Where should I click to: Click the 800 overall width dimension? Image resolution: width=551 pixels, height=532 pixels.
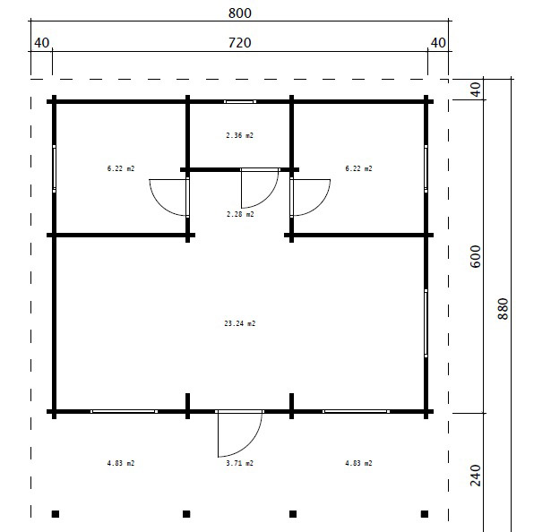coord(239,13)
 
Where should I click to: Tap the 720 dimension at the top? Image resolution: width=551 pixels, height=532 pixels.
coord(239,43)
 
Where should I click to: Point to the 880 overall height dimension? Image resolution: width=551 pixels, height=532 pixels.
coord(504,308)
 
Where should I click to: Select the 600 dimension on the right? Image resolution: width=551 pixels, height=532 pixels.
coord(475,256)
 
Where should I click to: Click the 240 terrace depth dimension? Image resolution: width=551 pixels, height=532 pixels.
coord(475,475)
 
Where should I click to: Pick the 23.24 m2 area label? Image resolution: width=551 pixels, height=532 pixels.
coord(239,323)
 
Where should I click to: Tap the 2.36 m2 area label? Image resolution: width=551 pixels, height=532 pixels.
coord(239,135)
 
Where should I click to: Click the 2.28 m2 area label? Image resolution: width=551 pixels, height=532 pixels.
coord(240,214)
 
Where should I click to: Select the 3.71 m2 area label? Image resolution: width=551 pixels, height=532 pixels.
coord(239,463)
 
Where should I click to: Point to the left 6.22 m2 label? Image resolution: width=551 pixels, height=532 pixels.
coord(121,168)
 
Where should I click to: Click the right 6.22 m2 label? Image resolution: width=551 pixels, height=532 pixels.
coord(358,168)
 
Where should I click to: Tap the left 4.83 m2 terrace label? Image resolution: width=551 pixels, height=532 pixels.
coord(121,463)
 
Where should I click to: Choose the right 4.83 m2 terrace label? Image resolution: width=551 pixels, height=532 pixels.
coord(358,463)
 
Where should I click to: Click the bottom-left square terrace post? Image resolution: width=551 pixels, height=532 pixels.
coord(56,514)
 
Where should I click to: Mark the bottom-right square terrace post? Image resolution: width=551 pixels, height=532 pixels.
coord(425,514)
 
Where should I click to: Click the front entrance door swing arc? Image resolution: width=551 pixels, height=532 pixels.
coord(250,445)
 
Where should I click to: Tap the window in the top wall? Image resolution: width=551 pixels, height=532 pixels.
coord(240,102)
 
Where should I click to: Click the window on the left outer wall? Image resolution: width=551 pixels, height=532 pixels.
coord(54,168)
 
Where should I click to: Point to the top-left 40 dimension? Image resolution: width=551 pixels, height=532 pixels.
coord(41,43)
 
